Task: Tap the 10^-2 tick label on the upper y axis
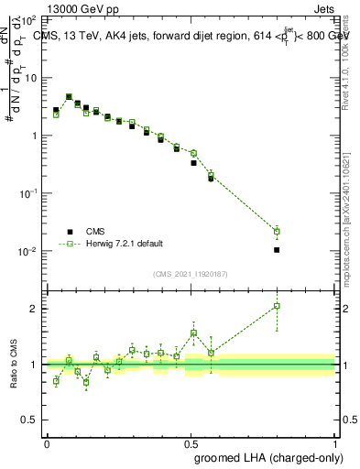[27, 251]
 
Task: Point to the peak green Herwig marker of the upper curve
[70, 97]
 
